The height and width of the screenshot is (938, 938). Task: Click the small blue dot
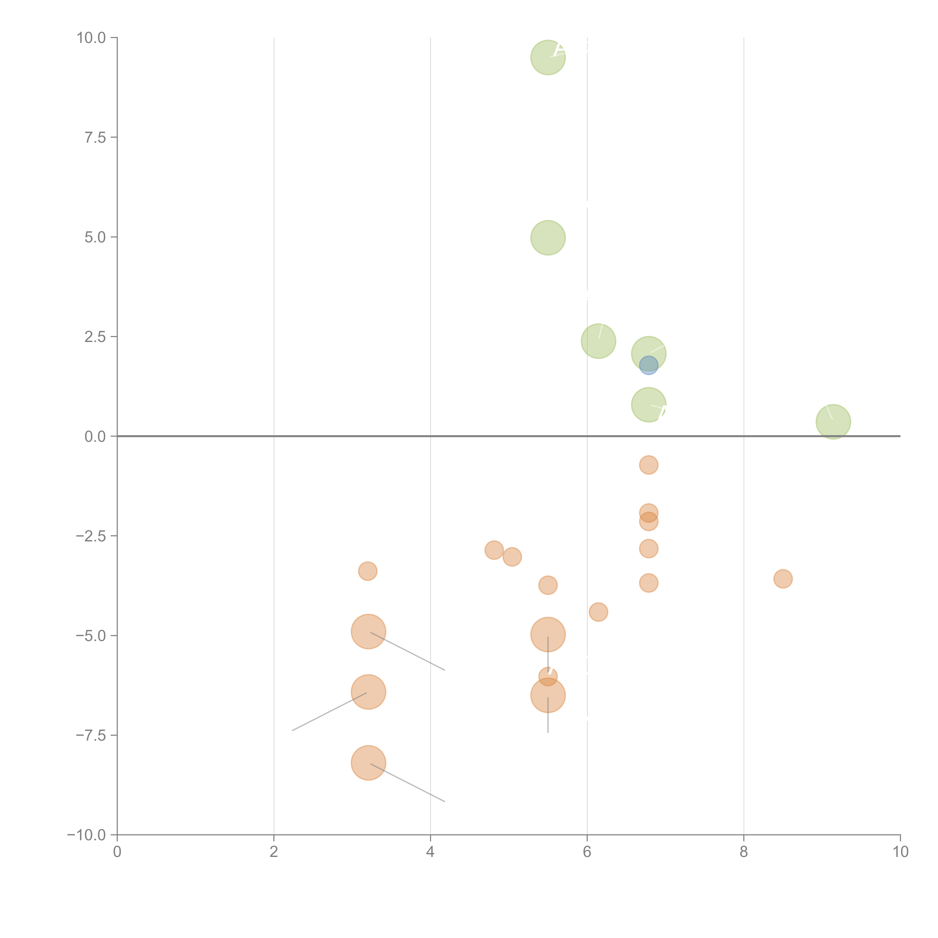pyautogui.click(x=649, y=365)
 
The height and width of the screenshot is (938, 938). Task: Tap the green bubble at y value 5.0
pyautogui.click(x=548, y=238)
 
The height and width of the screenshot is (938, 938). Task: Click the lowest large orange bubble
pyautogui.click(x=368, y=763)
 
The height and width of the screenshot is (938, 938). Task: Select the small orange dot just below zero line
pyautogui.click(x=649, y=465)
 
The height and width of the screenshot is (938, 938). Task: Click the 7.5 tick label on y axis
pyautogui.click(x=95, y=137)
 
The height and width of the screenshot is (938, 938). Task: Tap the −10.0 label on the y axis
pyautogui.click(x=86, y=835)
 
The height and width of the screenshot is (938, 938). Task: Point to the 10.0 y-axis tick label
pyautogui.click(x=91, y=38)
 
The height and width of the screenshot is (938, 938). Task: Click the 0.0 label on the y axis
pyautogui.click(x=95, y=437)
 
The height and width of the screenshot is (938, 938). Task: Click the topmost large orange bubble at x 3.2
pyautogui.click(x=368, y=632)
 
